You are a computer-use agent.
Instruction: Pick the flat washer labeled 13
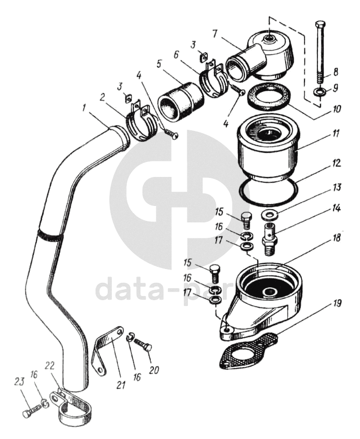[x=269, y=214]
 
